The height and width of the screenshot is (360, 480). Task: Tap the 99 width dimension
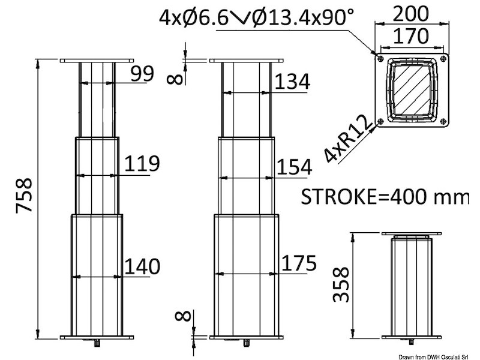coord(142,73)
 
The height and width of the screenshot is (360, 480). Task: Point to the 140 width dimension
coord(142,265)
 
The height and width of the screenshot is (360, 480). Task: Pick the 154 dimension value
coord(293,168)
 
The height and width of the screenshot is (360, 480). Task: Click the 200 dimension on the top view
coord(412,14)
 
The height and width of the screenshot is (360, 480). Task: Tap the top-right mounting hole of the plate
coord(443,58)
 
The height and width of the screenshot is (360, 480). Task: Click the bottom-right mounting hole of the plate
coord(443,121)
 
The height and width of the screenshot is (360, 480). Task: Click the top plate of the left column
coord(97,61)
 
